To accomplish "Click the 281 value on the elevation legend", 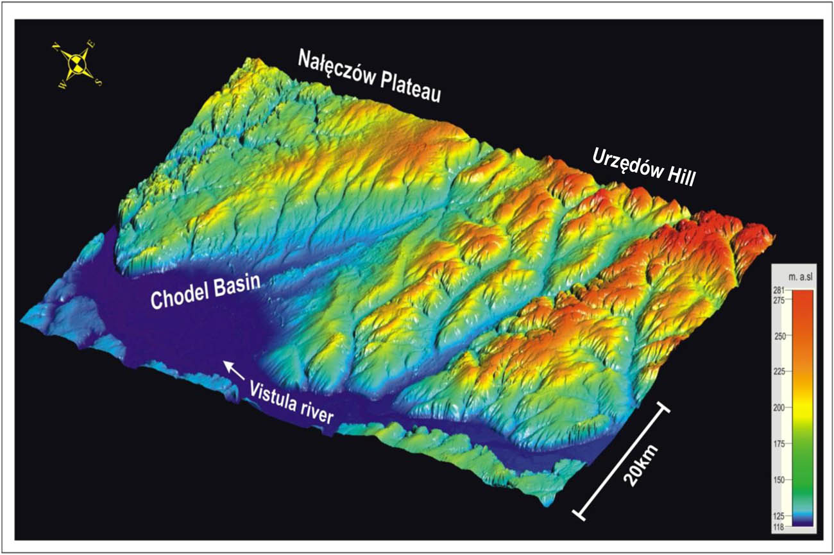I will (x=779, y=291).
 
